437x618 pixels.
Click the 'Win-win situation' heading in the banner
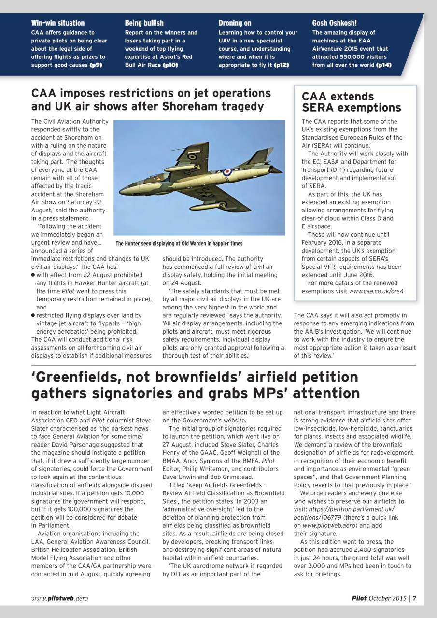pyautogui.click(x=57, y=23)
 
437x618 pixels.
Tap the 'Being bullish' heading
pyautogui.click(x=144, y=23)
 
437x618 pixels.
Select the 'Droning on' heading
pyautogui.click(x=235, y=23)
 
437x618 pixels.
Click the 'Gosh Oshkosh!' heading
pyautogui.click(x=334, y=23)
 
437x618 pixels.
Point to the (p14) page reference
pyautogui.click(x=383, y=65)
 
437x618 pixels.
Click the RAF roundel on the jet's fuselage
pyautogui.click(x=227, y=171)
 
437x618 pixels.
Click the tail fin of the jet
pyautogui.click(x=263, y=157)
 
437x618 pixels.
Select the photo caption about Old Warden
pyautogui.click(x=179, y=243)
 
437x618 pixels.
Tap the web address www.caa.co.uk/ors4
pyautogui.click(x=376, y=291)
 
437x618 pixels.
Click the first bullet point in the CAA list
pyautogui.click(x=33, y=275)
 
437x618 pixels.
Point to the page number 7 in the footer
pyautogui.click(x=414, y=598)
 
